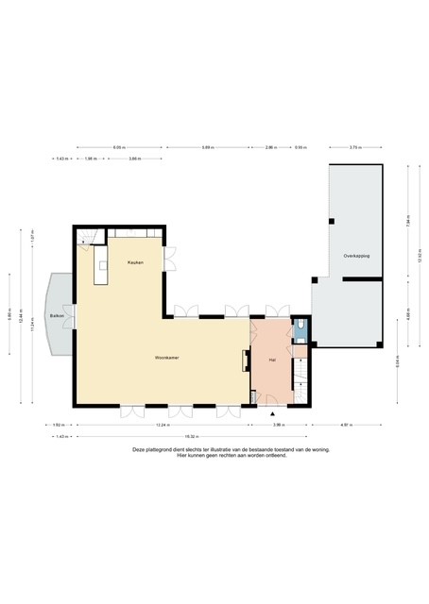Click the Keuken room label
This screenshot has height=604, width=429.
(136, 262)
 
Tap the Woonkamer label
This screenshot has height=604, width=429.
(168, 359)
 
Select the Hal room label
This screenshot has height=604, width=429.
(271, 361)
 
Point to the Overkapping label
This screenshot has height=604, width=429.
(356, 256)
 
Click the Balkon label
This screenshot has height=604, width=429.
(56, 316)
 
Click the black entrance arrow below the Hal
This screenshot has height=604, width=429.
(273, 414)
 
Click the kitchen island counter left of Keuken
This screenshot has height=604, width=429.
(100, 266)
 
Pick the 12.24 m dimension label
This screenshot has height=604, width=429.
(170, 427)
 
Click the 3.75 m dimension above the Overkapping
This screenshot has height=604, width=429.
(353, 148)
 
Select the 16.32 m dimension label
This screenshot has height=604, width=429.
(190, 436)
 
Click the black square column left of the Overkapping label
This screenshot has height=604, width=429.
(331, 221)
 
